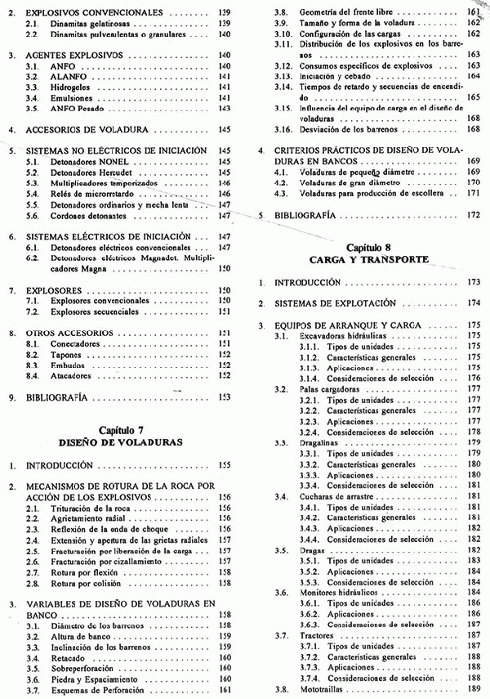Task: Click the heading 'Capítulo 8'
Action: pos(369,246)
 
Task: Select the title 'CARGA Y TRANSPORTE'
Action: pos(369,258)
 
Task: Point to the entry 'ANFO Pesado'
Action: pos(74,108)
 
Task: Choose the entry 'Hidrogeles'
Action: pos(73,87)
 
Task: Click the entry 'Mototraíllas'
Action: pos(322,688)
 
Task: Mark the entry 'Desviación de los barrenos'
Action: pos(345,130)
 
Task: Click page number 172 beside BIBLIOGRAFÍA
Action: pos(474,215)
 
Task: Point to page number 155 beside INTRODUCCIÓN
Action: pos(225,465)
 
